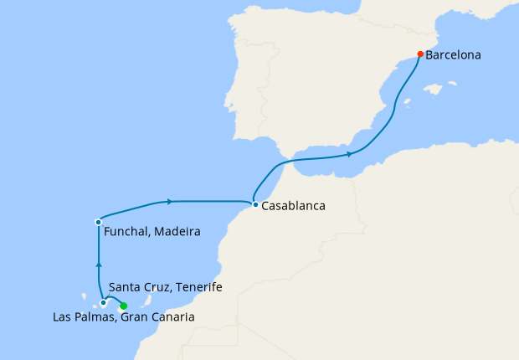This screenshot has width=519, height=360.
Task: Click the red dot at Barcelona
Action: pos(420,54)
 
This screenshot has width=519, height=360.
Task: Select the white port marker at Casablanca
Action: pos(254,204)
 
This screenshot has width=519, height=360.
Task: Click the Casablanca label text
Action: pos(293,205)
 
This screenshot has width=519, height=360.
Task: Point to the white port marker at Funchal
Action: pos(99,222)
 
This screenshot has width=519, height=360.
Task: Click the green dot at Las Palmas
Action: pos(124,306)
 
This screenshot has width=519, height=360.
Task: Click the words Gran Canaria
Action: pos(157,317)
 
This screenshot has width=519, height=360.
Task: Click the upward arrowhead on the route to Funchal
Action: pos(99,265)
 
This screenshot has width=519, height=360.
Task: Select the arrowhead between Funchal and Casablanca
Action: pos(170,201)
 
